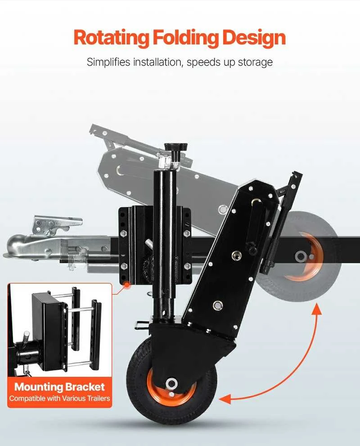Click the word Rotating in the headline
pos(111,37)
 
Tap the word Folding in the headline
pos(186,37)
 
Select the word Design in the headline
pos(254,38)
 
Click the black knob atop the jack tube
pos(176,147)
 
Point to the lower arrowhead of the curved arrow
pos(225,400)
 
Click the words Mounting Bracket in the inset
pos(59,387)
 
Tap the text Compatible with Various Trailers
pos(59,398)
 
